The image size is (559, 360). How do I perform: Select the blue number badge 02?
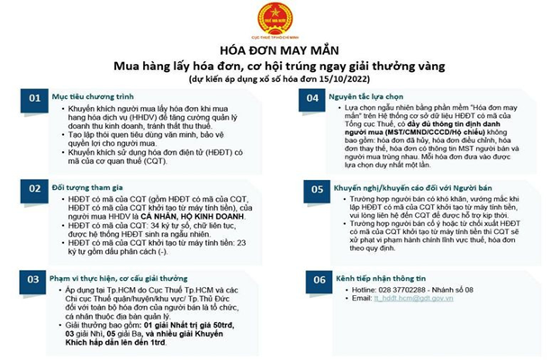coord(33,188)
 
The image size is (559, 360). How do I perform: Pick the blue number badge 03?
coord(33,279)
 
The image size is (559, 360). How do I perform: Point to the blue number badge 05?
coord(317,189)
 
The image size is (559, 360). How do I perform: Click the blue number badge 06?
coord(317,279)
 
